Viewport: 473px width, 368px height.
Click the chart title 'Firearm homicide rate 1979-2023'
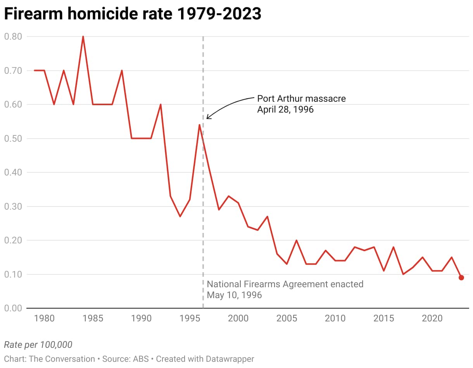click(x=133, y=14)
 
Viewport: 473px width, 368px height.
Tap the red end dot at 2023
click(x=461, y=278)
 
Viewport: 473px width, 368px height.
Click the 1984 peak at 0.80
click(x=83, y=36)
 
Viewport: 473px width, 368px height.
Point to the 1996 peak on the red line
click(x=199, y=125)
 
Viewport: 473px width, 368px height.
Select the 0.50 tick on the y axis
click(x=13, y=139)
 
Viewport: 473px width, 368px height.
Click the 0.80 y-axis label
click(x=13, y=36)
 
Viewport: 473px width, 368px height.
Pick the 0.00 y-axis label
click(x=13, y=308)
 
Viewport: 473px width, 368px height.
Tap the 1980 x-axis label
click(x=44, y=319)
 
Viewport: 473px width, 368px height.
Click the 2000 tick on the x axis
click(x=238, y=319)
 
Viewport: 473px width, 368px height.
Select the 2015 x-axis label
click(x=383, y=319)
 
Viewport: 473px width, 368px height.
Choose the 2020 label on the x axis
click(x=432, y=319)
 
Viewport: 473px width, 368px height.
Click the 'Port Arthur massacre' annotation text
click(x=301, y=99)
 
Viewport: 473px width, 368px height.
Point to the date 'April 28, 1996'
click(x=285, y=109)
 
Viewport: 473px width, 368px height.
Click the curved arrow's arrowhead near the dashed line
click(x=207, y=118)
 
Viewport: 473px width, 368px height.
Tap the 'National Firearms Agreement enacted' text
click(x=285, y=284)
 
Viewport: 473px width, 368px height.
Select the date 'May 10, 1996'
click(x=234, y=295)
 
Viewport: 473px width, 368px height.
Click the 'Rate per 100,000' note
click(x=38, y=345)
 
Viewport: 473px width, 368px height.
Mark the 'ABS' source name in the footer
click(x=141, y=359)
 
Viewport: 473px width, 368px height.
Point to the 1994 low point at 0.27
click(x=180, y=216)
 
